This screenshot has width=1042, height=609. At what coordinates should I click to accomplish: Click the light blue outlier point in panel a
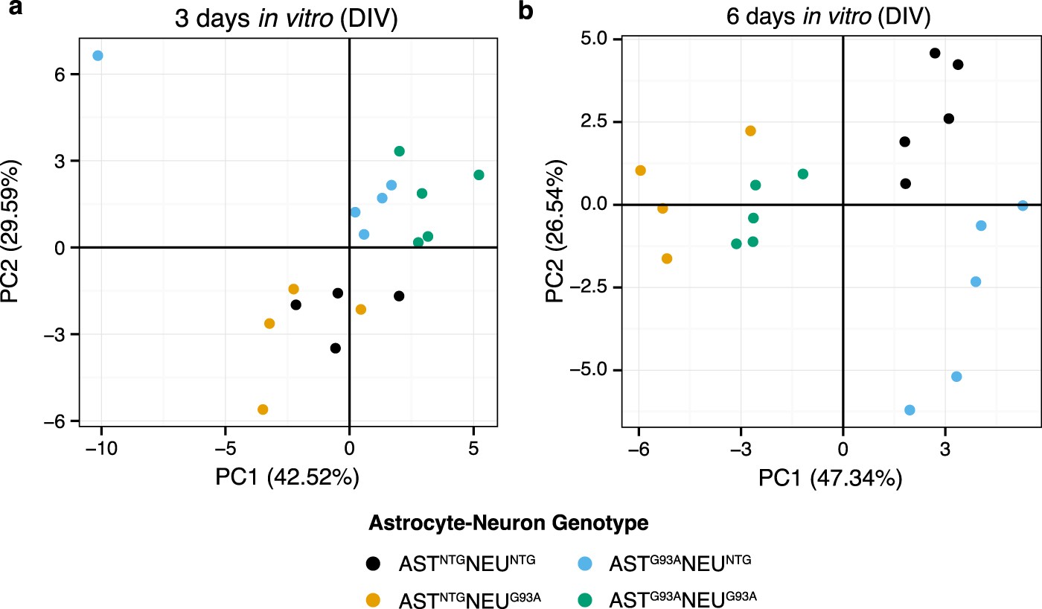(x=98, y=56)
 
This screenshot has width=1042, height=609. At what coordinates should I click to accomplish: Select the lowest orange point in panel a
(x=263, y=409)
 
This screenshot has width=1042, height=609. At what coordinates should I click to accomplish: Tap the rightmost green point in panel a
(x=479, y=175)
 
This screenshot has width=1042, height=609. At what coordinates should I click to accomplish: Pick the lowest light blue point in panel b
(x=910, y=410)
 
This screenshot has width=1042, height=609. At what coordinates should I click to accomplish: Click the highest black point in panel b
(x=935, y=53)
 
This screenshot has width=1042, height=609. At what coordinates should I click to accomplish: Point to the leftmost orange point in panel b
(x=640, y=170)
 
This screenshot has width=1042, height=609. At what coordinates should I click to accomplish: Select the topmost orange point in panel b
(x=750, y=131)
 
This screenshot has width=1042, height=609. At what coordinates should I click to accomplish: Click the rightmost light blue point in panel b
(x=1023, y=205)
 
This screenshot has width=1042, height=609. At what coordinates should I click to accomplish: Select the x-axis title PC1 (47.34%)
(x=831, y=479)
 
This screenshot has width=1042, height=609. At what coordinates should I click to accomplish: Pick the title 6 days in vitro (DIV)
(x=831, y=16)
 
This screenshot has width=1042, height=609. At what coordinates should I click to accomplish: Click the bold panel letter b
(x=526, y=12)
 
